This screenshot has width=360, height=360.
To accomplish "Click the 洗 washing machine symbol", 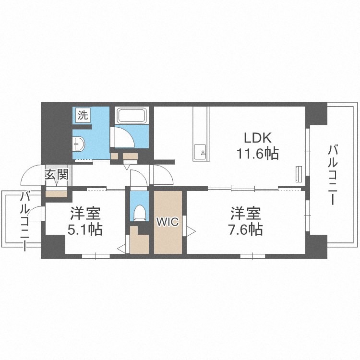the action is (x=83, y=115).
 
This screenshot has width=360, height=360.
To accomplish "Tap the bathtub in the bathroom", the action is (x=132, y=116).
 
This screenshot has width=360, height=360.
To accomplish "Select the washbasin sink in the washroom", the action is (x=78, y=144).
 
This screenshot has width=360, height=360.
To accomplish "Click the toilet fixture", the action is (x=140, y=213).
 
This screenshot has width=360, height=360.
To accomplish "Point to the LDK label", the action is (x=257, y=138).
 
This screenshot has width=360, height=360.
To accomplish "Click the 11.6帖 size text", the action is (x=257, y=154).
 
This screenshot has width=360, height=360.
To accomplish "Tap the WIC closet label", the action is (x=168, y=222).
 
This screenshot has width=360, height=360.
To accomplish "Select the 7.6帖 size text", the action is (x=245, y=229).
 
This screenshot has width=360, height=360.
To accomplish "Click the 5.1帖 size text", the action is (x=85, y=229).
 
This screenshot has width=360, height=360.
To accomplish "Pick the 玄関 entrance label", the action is (x=57, y=175).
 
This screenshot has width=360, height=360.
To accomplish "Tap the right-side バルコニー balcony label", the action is (x=333, y=175).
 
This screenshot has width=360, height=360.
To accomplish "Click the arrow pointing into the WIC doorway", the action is (x=191, y=231).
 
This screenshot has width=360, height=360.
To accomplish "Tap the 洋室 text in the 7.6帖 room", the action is (x=245, y=213).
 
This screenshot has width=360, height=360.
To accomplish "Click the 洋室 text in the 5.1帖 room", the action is (x=85, y=213).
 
